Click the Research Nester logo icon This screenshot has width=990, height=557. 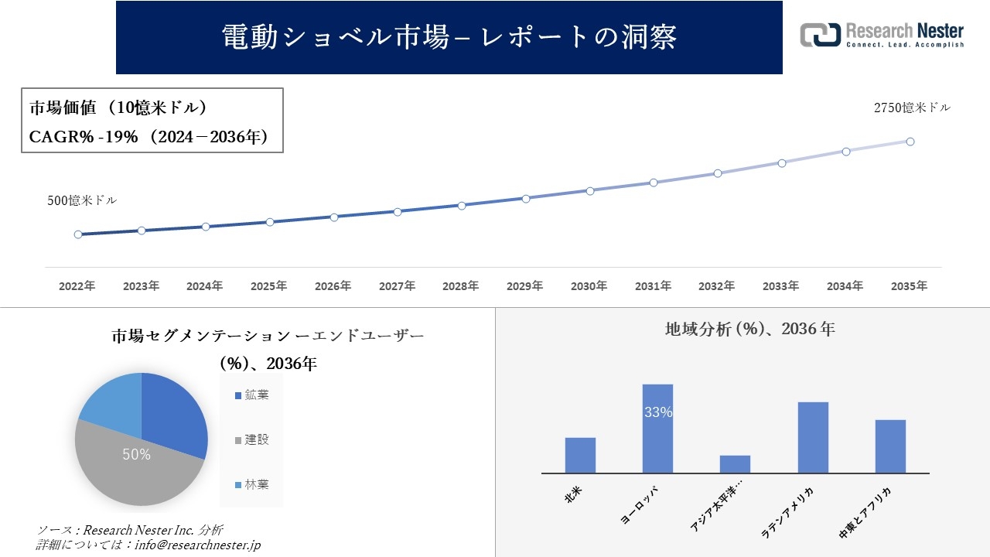[820, 35]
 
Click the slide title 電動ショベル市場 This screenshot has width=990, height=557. [449, 37]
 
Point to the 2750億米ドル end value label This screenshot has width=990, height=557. [912, 108]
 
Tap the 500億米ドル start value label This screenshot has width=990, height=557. [82, 200]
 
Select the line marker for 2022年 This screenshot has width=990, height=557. [78, 234]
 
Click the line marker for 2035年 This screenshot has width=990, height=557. [910, 142]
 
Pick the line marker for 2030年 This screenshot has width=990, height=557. [589, 190]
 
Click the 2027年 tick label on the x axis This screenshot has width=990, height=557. [397, 286]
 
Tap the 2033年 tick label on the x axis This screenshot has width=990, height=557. [780, 286]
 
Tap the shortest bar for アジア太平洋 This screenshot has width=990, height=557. [735, 464]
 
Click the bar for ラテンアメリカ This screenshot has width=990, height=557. [813, 437]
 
